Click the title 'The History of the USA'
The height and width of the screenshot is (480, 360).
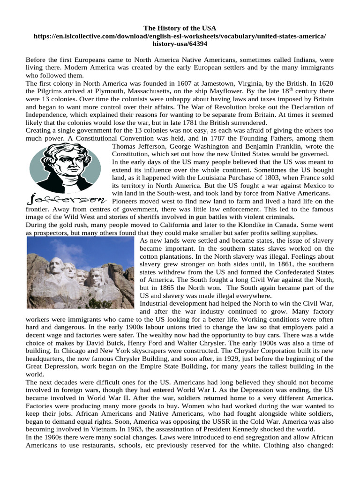coord(180,28)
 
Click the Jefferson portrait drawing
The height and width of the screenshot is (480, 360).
coord(64,166)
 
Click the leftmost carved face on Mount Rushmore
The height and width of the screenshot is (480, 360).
coord(56,266)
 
